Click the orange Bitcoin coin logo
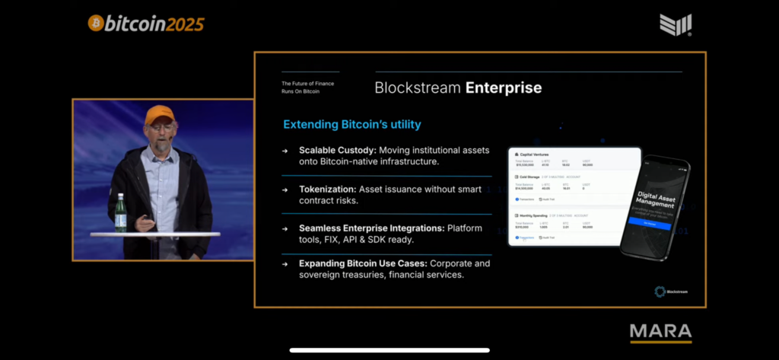pyautogui.click(x=96, y=24)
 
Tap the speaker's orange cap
pyautogui.click(x=159, y=114)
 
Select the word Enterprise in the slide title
pyautogui.click(x=504, y=88)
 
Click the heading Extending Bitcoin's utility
pyautogui.click(x=351, y=124)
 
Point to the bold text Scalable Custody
pyautogui.click(x=330, y=150)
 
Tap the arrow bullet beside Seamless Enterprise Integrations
pyautogui.click(x=285, y=228)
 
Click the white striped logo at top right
pyautogui.click(x=676, y=24)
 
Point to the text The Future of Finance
pyautogui.click(x=307, y=83)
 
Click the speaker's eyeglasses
pyautogui.click(x=161, y=128)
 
